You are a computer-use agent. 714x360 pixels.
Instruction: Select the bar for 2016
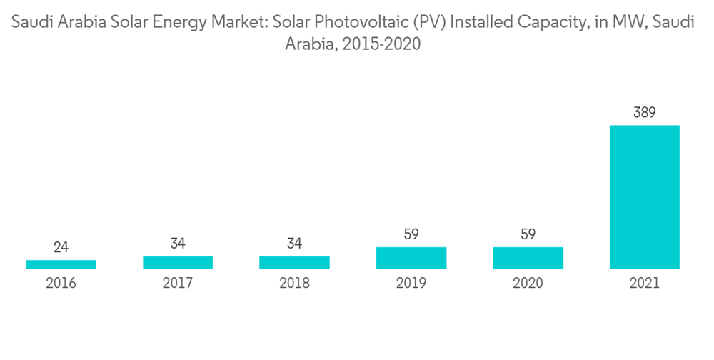61,264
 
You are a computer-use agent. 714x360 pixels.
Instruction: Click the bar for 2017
178,262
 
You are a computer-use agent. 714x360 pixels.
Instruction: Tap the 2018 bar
294,262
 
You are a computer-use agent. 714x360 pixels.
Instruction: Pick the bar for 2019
411,258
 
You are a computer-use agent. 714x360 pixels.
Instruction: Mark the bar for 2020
528,258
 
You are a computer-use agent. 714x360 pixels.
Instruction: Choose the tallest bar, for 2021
644,197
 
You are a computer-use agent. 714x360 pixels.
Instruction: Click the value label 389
644,112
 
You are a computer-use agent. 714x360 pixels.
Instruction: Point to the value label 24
61,247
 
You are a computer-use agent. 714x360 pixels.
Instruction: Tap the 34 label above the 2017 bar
178,244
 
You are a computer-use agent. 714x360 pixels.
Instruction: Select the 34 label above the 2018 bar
294,244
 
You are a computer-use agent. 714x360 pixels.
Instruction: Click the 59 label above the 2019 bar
411,234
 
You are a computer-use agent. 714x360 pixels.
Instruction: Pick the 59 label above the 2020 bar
528,234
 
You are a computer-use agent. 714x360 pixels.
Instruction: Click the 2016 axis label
61,284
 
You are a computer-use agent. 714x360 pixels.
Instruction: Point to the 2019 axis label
411,284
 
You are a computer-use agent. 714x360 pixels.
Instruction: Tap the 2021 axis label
644,284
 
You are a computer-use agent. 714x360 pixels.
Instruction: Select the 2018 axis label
294,284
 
